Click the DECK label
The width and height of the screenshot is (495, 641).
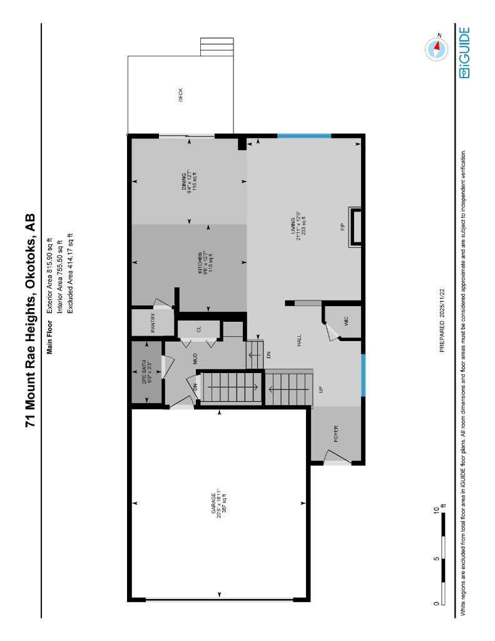(181, 95)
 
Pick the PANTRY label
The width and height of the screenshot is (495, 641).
(152, 324)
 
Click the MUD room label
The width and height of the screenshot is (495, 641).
(195, 359)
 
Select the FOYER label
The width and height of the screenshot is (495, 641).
(335, 433)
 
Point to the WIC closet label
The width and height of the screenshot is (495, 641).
(345, 321)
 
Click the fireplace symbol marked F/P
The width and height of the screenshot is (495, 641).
(354, 228)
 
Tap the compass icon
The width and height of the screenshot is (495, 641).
(436, 49)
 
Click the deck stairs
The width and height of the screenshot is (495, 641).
(217, 47)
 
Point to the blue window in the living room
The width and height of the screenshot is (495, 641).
(304, 136)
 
